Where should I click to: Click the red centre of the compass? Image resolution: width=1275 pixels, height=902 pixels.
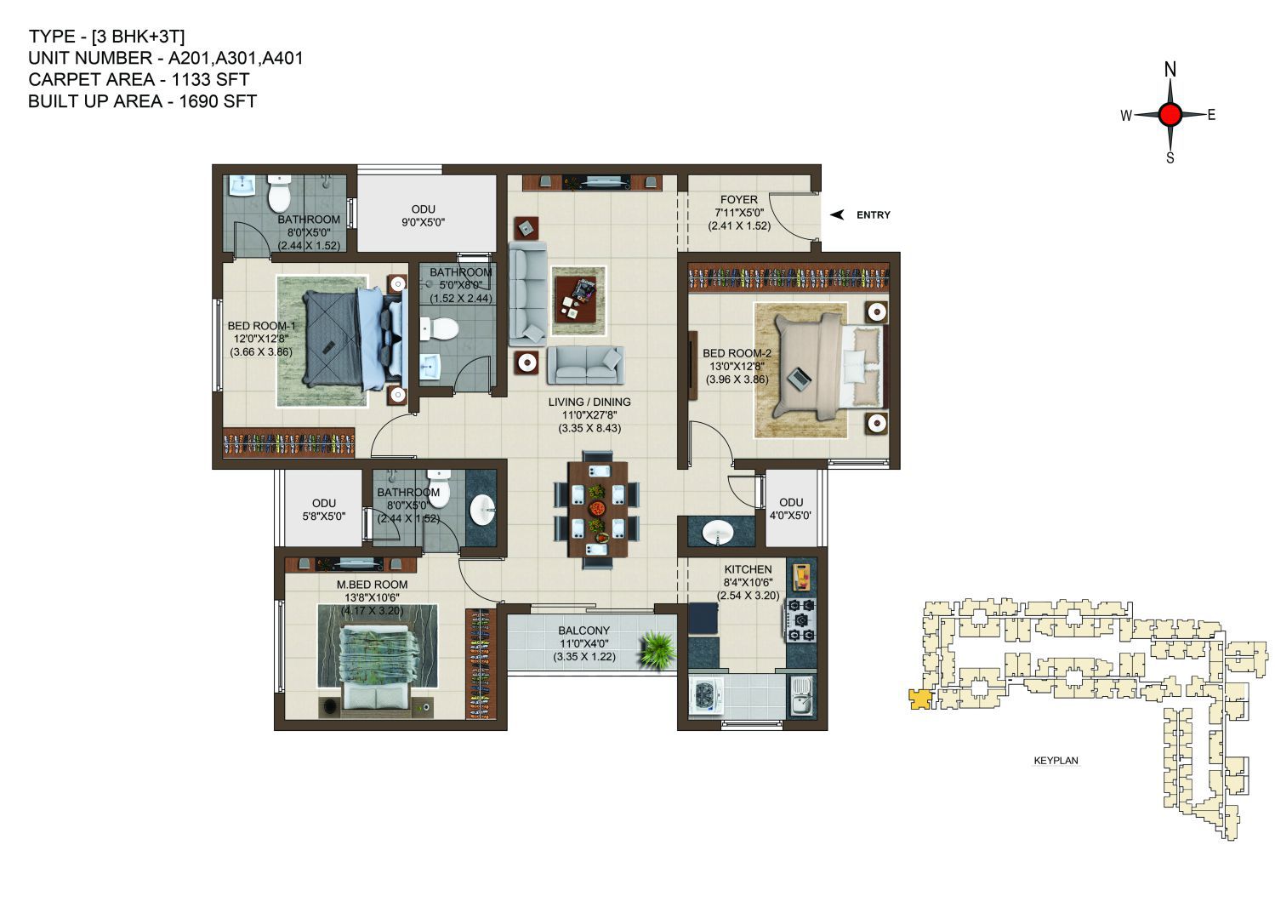pos(1170,115)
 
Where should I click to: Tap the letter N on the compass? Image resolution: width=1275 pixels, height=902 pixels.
pos(1170,70)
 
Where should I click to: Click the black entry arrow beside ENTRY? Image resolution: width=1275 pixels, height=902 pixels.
pos(837,214)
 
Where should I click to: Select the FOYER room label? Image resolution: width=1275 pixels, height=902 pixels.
pos(739,200)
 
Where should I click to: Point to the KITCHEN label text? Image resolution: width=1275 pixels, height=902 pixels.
pos(748,569)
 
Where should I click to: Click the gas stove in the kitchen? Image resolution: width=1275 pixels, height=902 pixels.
pos(801,620)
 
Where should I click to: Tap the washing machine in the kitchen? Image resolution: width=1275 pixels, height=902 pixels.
pos(706,694)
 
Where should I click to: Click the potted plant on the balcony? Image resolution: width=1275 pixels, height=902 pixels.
pos(657,649)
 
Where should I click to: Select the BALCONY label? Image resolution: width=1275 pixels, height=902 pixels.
pos(584,631)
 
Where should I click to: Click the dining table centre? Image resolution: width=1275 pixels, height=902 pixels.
pos(597,509)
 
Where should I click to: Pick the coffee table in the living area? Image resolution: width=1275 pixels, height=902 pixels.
pos(579,300)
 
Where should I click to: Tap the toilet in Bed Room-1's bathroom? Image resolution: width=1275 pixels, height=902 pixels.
pos(279,192)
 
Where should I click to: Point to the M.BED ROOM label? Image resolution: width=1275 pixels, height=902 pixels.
pos(372,585)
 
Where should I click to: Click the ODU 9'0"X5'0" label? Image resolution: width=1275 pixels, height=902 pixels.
pos(423,216)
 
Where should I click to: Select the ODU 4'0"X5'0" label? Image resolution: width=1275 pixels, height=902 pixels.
pos(791,509)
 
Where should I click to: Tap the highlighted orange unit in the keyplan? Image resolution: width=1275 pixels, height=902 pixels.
pos(919,699)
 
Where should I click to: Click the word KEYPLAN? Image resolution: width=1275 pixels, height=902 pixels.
pos(1056,760)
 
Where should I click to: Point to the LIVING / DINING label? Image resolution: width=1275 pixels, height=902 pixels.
pos(589,402)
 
